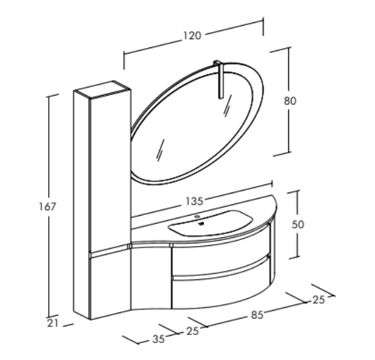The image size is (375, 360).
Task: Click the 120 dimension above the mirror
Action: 193,36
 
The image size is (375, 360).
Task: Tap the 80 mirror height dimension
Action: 290,100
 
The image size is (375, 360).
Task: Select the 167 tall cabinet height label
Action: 47,207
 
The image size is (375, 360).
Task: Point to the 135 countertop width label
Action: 194,201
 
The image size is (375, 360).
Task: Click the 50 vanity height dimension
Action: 298,224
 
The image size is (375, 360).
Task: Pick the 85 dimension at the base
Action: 257,315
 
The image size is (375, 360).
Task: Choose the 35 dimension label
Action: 158,339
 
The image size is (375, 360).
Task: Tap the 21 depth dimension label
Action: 53,323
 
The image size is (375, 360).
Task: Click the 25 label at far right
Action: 319,300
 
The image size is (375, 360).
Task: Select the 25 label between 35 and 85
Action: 193,331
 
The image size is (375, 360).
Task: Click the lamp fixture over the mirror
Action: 220,79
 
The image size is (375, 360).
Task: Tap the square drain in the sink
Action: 201,224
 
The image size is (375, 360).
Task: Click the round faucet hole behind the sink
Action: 197,216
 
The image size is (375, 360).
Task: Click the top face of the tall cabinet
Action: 102,89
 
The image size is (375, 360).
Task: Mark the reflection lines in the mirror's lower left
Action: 161,150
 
